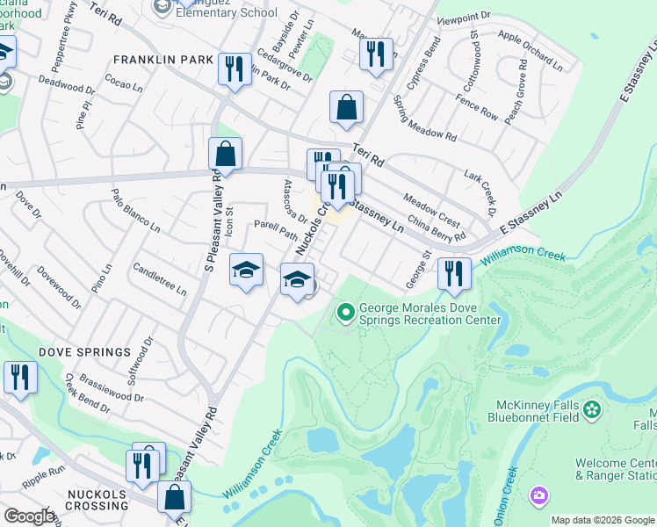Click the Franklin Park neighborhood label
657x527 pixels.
point(163,60)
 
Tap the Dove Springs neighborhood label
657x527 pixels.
point(84,352)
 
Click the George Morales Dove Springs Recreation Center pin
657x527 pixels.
point(345,311)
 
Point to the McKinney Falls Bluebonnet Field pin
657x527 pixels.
point(592,408)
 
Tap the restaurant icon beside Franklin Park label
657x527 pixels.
point(234,68)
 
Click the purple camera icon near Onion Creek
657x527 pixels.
point(538,496)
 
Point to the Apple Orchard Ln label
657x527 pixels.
point(531,48)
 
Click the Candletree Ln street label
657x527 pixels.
point(159,278)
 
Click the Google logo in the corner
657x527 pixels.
point(28,516)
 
